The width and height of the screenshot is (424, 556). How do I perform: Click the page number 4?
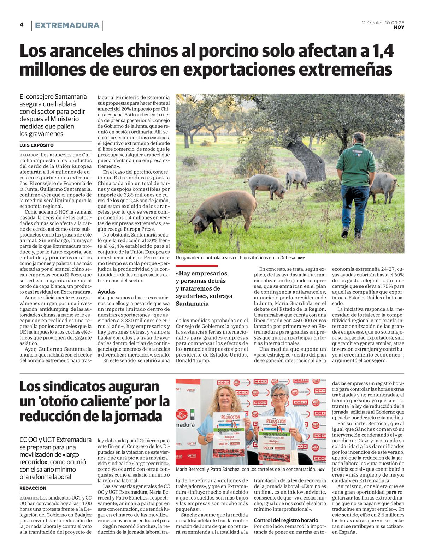[x=22, y=25]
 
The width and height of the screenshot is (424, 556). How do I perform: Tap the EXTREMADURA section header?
[x=67, y=25]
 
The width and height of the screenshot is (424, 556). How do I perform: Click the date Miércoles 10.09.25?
[x=383, y=22]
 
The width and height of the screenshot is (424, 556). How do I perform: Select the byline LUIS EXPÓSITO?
[x=37, y=145]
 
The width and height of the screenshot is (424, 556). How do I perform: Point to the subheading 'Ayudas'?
[x=106, y=292]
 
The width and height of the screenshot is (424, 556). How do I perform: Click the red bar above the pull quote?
[x=197, y=265]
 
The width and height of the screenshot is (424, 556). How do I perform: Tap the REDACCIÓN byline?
[x=33, y=488]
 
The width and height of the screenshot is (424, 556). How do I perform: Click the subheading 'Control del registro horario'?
[x=286, y=520]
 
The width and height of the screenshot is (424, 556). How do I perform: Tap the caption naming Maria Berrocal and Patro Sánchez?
[x=246, y=470]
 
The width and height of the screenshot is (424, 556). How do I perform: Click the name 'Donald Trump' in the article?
[x=193, y=360]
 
